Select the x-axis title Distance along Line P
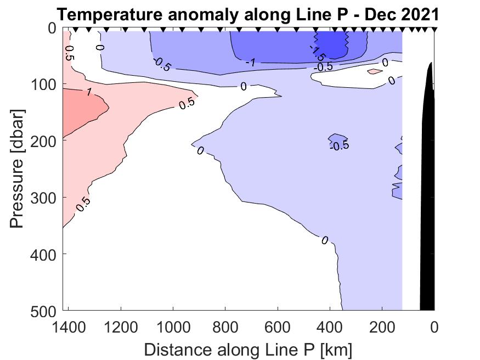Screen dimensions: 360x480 (248, 349)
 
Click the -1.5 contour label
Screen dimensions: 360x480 (318, 52)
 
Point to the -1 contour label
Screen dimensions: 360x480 (251, 63)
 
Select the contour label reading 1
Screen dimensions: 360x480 (88, 92)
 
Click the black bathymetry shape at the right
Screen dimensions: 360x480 (428, 192)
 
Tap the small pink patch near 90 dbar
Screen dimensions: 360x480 (375, 71)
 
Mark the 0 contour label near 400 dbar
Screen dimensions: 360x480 (325, 240)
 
